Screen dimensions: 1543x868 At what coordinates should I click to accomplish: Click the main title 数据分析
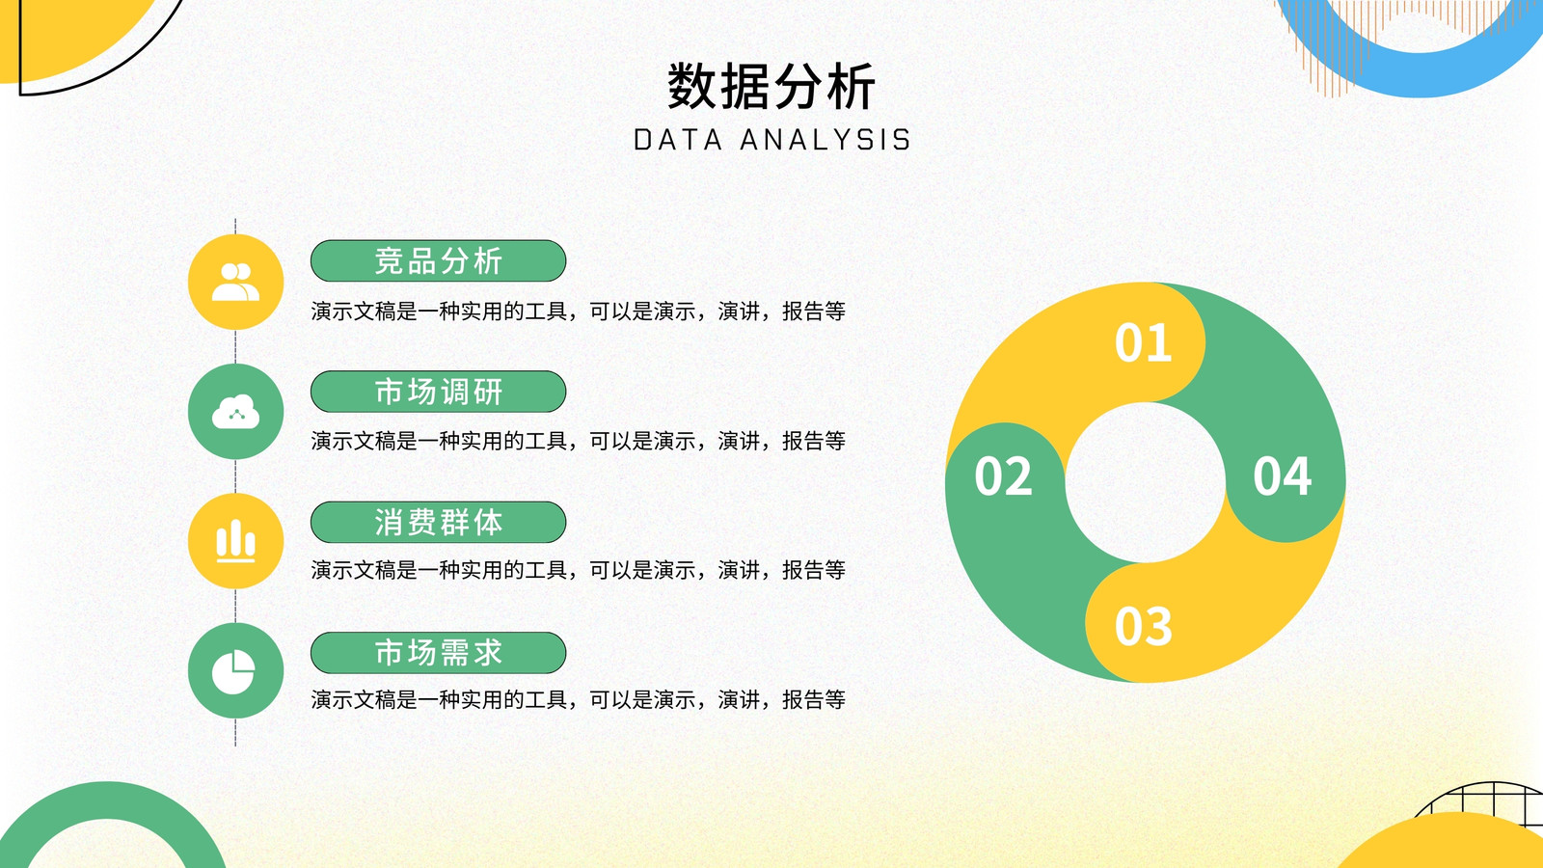click(771, 86)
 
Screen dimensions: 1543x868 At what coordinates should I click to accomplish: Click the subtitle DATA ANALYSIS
click(772, 140)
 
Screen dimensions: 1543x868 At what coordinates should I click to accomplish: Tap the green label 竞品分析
click(438, 261)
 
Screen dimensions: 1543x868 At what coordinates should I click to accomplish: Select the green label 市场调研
click(438, 392)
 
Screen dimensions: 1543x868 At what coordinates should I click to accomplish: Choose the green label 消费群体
click(438, 522)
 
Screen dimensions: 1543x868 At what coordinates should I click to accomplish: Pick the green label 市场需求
click(438, 652)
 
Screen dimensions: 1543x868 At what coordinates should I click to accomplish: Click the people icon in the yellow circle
click(235, 282)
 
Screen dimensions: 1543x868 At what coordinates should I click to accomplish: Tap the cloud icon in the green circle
click(235, 411)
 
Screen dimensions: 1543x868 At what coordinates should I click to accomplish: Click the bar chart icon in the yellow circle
click(235, 541)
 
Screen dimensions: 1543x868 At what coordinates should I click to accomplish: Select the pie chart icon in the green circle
click(233, 671)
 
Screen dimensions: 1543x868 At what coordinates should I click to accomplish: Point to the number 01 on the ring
click(1144, 342)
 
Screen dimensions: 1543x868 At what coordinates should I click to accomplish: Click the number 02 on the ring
click(1004, 476)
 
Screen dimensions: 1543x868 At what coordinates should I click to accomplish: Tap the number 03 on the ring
click(1144, 626)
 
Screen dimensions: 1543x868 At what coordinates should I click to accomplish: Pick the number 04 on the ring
click(1282, 476)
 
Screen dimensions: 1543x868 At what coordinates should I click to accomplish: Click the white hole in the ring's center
click(1146, 482)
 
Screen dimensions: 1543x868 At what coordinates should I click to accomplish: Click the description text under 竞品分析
click(578, 312)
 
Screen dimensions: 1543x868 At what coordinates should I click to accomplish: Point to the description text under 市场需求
click(578, 700)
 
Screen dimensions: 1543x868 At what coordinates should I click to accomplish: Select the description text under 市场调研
click(578, 441)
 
